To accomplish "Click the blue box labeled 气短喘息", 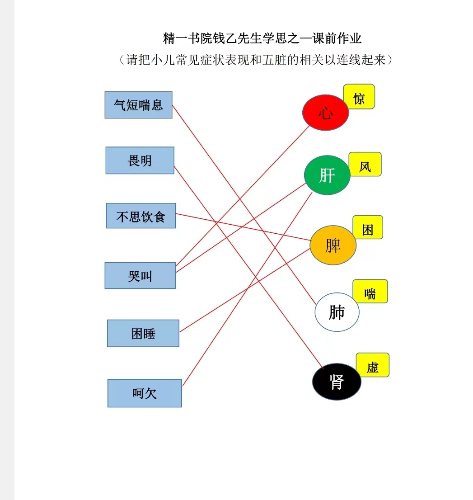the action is pos(138,105).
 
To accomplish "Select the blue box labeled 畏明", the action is pos(140,160).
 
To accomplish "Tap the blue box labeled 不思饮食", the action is pos(141,216).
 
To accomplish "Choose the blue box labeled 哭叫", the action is pos(140,275).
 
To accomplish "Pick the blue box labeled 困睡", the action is pos(143,333).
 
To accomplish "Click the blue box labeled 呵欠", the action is pos(145,393).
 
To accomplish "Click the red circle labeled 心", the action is pos(325,113).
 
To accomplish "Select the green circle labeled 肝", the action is pos(328,175).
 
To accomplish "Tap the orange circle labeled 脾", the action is pos(333,245).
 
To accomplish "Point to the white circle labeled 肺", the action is pos(337,312).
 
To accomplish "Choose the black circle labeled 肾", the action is pos(337,382).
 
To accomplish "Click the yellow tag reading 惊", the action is pos(359,97).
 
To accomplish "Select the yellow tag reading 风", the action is pos(365,164).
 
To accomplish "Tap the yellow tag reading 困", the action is pos(368,227).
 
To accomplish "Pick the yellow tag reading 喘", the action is pos(370,292).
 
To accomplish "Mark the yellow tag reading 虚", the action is pos(373,365).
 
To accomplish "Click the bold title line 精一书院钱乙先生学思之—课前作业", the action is pos(262,38).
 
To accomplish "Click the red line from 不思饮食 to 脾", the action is pos(243,227).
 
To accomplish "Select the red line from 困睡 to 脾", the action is pos(245,291).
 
